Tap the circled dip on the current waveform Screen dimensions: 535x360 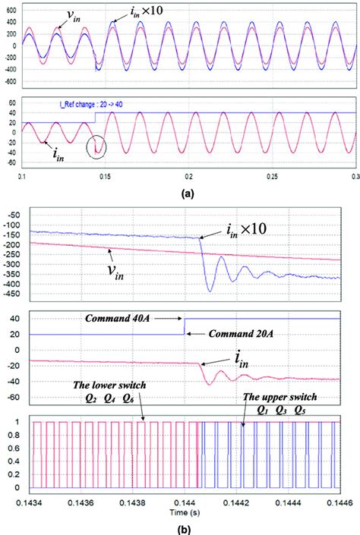[x=96, y=144]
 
